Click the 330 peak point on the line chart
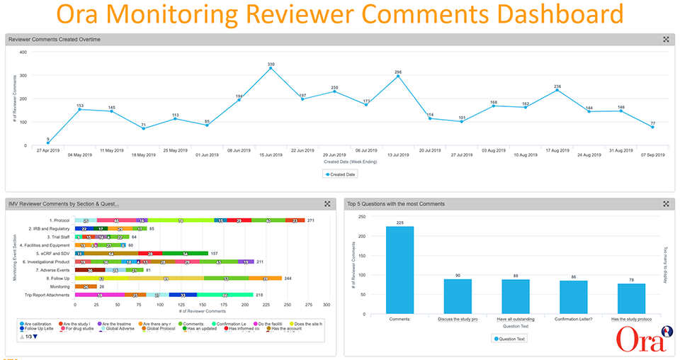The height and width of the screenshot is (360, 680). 271,69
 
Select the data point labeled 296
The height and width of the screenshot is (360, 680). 398,77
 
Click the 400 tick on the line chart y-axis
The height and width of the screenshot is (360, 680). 23,52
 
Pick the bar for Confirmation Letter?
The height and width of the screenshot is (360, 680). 574,296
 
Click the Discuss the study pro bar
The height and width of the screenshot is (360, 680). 458,296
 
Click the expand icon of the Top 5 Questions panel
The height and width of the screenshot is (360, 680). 665,203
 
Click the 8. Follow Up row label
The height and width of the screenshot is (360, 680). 55,279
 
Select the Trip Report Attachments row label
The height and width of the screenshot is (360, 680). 47,294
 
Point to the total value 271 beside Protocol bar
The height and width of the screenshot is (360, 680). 310,220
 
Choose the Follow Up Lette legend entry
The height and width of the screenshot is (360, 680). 40,329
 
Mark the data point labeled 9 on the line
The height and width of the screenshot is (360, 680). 47,143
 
